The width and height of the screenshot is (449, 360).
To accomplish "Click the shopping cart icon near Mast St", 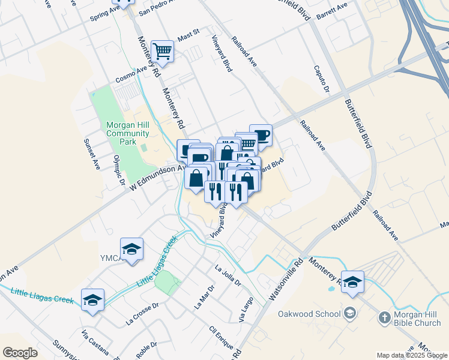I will tap(163, 51).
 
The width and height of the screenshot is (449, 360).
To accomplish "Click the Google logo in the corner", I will tap(20, 353).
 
